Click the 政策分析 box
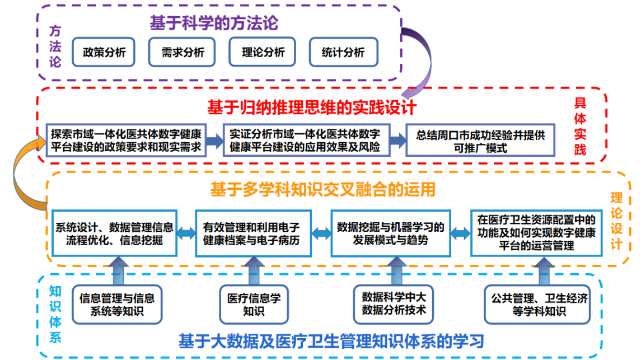pos(104,53)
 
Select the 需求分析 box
pos(183,53)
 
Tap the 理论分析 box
pos(263,53)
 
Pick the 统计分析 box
pos(343,53)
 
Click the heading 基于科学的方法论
pos(213,24)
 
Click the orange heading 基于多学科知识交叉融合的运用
pos(322,189)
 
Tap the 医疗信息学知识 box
pos(254,305)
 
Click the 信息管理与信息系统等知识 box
pos(117,305)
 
